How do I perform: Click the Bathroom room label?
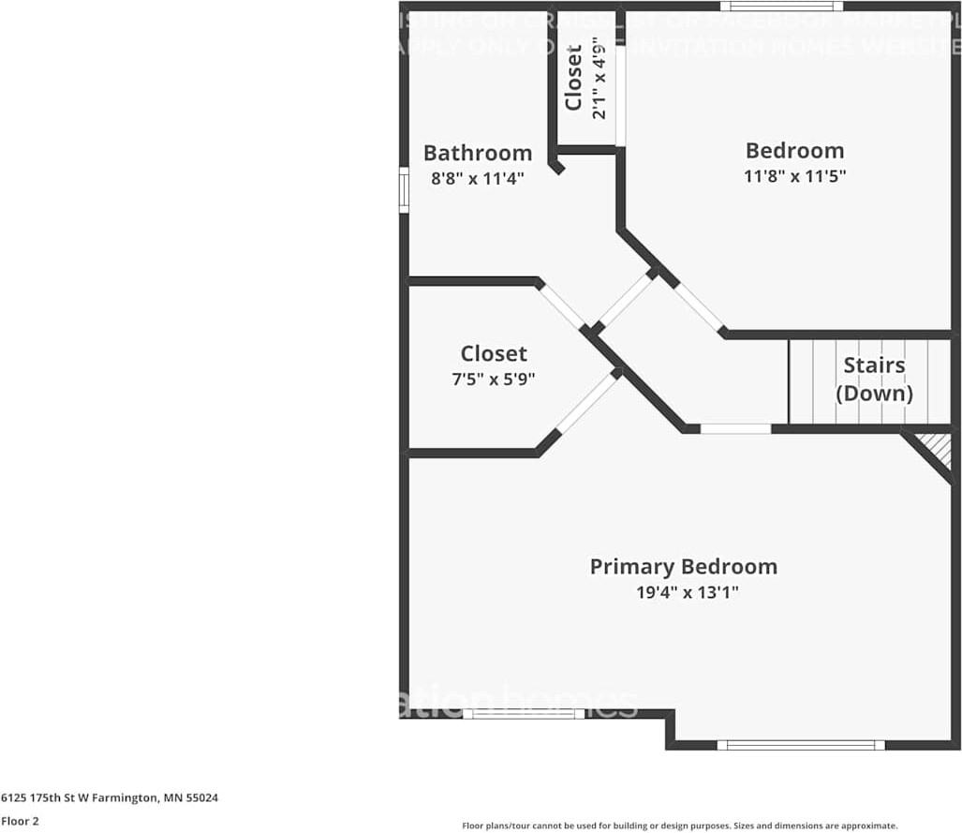pos(477,153)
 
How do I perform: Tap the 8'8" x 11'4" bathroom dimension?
pos(477,178)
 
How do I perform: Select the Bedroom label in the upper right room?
pos(794,150)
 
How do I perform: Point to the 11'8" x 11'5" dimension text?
pos(794,175)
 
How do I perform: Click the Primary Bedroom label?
pos(683,566)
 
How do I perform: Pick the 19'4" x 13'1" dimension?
pos(683,592)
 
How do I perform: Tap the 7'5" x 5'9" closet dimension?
pos(494,379)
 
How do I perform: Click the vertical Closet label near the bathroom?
pos(573,78)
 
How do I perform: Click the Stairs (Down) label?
pos(874,379)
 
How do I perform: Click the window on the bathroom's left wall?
pos(404,189)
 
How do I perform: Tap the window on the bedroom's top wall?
pos(781,7)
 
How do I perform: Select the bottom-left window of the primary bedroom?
pos(524,713)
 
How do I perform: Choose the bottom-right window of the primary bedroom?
pos(801,745)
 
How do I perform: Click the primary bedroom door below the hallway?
pos(735,428)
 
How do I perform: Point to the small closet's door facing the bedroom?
pos(620,97)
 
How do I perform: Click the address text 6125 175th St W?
pos(110,798)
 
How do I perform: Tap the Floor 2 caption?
pos(20,821)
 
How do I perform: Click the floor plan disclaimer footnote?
pos(679,826)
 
